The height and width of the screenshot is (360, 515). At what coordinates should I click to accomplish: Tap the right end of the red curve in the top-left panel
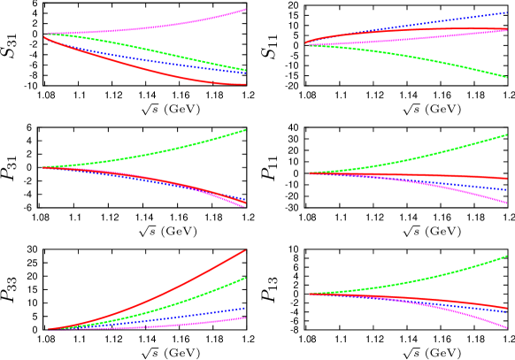(x=245, y=84)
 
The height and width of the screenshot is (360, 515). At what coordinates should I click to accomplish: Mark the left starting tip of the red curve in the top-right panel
(x=306, y=42)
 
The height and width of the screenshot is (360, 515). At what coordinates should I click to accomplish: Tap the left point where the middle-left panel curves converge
(x=44, y=167)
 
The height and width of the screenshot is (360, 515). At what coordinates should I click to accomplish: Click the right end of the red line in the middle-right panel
(x=507, y=179)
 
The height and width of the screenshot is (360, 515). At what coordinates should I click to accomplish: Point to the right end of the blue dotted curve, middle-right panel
(x=507, y=189)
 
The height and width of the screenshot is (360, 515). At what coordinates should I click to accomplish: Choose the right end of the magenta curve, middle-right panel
(x=507, y=203)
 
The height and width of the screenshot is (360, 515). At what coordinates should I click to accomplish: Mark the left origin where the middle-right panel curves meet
(x=310, y=173)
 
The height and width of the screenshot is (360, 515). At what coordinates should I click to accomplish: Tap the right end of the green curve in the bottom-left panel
(x=245, y=278)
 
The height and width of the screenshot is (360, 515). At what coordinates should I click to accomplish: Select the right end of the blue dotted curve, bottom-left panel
(x=245, y=308)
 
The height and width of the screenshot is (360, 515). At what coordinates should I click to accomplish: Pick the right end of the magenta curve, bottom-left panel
(x=245, y=318)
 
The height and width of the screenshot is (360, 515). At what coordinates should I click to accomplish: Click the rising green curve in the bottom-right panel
(x=425, y=279)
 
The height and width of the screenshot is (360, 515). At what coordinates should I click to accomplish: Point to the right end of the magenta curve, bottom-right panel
(x=507, y=327)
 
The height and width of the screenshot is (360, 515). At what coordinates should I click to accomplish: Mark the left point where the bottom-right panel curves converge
(x=310, y=294)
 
